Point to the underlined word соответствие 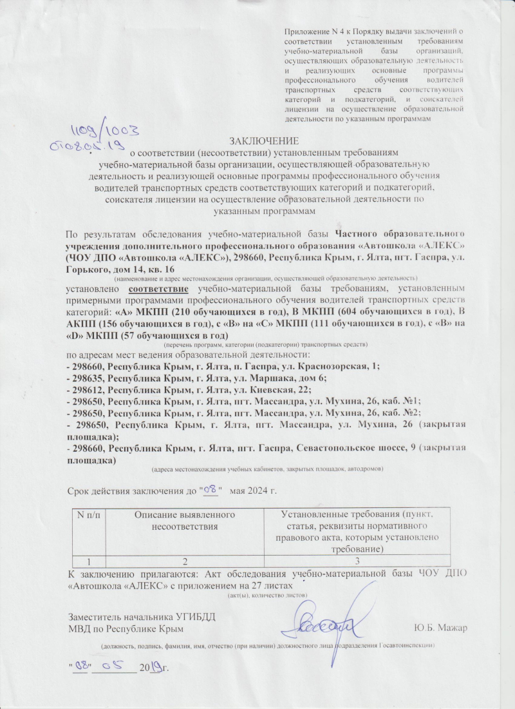point(162,289)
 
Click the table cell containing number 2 point(185,560)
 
